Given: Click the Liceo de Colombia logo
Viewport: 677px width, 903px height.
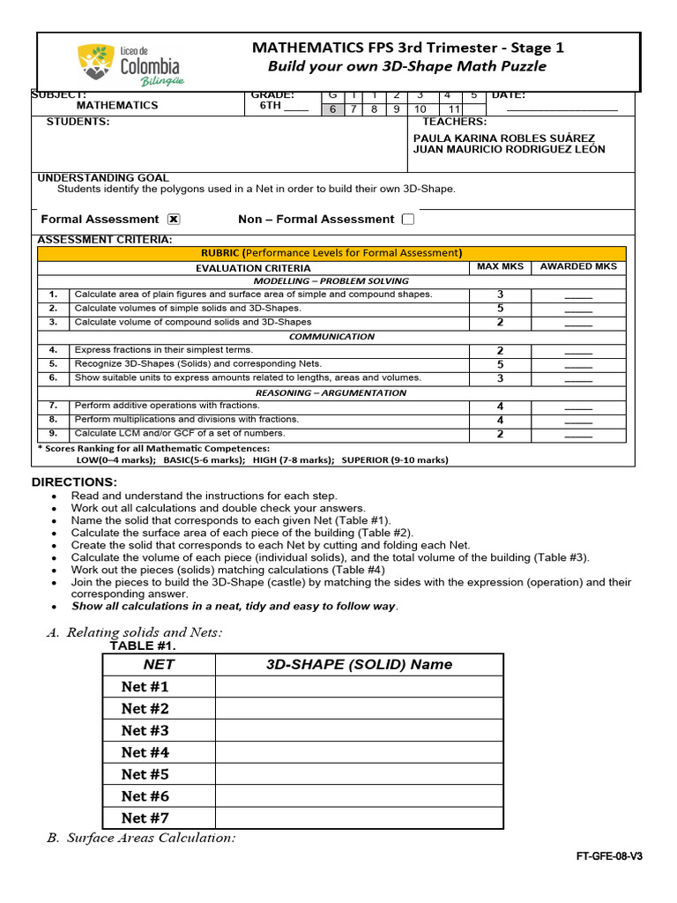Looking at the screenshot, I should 130,63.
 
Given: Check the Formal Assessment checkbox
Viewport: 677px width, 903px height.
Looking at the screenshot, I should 174,220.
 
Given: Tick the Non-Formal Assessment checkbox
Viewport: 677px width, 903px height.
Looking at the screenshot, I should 407,220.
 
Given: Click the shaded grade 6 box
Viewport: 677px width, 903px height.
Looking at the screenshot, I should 332,109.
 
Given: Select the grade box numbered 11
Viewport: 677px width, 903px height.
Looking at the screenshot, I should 455,109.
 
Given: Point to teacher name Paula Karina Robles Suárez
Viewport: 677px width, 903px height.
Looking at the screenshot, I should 503,138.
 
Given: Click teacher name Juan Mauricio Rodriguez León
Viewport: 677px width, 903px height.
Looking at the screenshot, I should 509,150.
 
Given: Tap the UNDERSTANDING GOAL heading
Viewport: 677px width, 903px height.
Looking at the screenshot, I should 103,178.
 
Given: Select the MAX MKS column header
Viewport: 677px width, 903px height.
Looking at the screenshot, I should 500,266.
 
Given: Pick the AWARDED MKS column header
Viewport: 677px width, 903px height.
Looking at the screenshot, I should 578,266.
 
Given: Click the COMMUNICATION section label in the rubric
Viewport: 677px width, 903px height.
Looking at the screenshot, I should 331,337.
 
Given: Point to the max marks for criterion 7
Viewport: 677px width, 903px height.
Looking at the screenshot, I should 500,407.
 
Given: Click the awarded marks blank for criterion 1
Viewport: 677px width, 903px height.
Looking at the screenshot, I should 578,295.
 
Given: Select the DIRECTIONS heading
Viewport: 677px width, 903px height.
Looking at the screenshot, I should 74,482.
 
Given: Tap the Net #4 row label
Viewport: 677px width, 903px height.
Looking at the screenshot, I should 145,752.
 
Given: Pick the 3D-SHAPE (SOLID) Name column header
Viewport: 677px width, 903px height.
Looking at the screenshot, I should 359,665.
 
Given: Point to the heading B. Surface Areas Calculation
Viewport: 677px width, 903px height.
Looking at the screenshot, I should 141,838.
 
